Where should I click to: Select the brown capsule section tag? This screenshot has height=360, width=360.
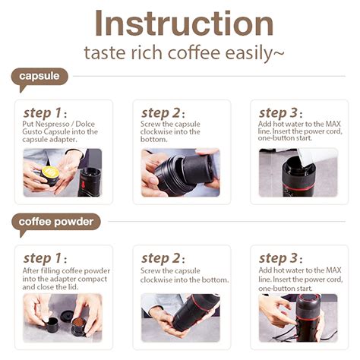pyautogui.click(x=39, y=77)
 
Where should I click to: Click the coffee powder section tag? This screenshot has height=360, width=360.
pyautogui.click(x=56, y=222)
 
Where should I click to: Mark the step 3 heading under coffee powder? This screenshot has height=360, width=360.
pyautogui.click(x=282, y=258)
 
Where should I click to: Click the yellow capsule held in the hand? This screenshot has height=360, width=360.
pyautogui.click(x=50, y=172)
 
